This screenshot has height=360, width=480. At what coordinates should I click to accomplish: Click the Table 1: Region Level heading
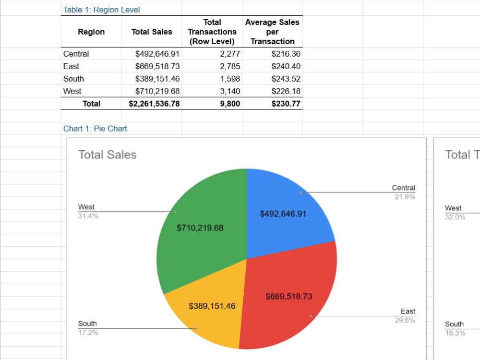[101, 10]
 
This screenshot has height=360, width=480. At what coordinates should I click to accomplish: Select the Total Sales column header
[152, 32]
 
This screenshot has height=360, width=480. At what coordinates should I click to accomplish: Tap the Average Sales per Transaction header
[272, 32]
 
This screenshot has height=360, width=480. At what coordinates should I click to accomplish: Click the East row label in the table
[71, 66]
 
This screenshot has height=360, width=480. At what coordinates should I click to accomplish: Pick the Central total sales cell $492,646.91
[157, 54]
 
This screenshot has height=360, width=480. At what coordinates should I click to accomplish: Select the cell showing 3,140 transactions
[230, 91]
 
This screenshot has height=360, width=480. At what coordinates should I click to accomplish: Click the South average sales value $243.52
[286, 79]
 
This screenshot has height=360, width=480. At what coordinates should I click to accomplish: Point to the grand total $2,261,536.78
[154, 104]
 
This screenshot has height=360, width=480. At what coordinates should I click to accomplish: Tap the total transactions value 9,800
[230, 104]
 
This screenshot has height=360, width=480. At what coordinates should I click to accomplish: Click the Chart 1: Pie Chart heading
[95, 128]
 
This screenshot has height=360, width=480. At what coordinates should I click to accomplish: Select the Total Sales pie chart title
[108, 155]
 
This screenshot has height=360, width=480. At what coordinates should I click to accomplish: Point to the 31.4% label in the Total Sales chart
[88, 216]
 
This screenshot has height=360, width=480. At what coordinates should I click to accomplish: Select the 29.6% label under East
[405, 320]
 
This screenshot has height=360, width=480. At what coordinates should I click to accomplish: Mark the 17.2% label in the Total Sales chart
[88, 332]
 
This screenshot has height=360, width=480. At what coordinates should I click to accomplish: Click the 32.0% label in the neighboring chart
[455, 217]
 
